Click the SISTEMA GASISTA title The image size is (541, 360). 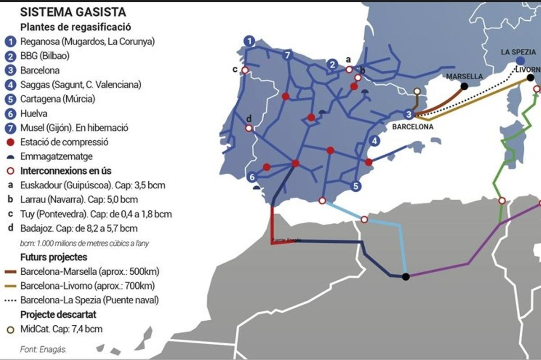pos(73,12)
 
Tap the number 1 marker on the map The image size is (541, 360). pos(248,41)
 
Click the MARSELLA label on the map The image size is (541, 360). pos(464,76)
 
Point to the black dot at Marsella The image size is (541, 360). pos(464,86)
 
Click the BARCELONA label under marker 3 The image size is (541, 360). pos(413,127)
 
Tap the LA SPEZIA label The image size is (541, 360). pos(518,52)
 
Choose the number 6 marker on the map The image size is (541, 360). pos(252,177)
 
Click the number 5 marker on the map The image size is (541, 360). pos(356,185)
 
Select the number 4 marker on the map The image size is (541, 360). pos(375,141)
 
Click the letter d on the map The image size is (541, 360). pos(248,119)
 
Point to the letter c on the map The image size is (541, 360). pos(235,69)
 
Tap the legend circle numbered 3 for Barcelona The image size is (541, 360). pos(10,70)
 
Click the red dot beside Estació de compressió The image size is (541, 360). pos(10,142)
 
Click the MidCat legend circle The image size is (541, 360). pos(10,329)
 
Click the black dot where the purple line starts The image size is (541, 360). pos(406,276)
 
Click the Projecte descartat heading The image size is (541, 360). pos(58,314)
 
